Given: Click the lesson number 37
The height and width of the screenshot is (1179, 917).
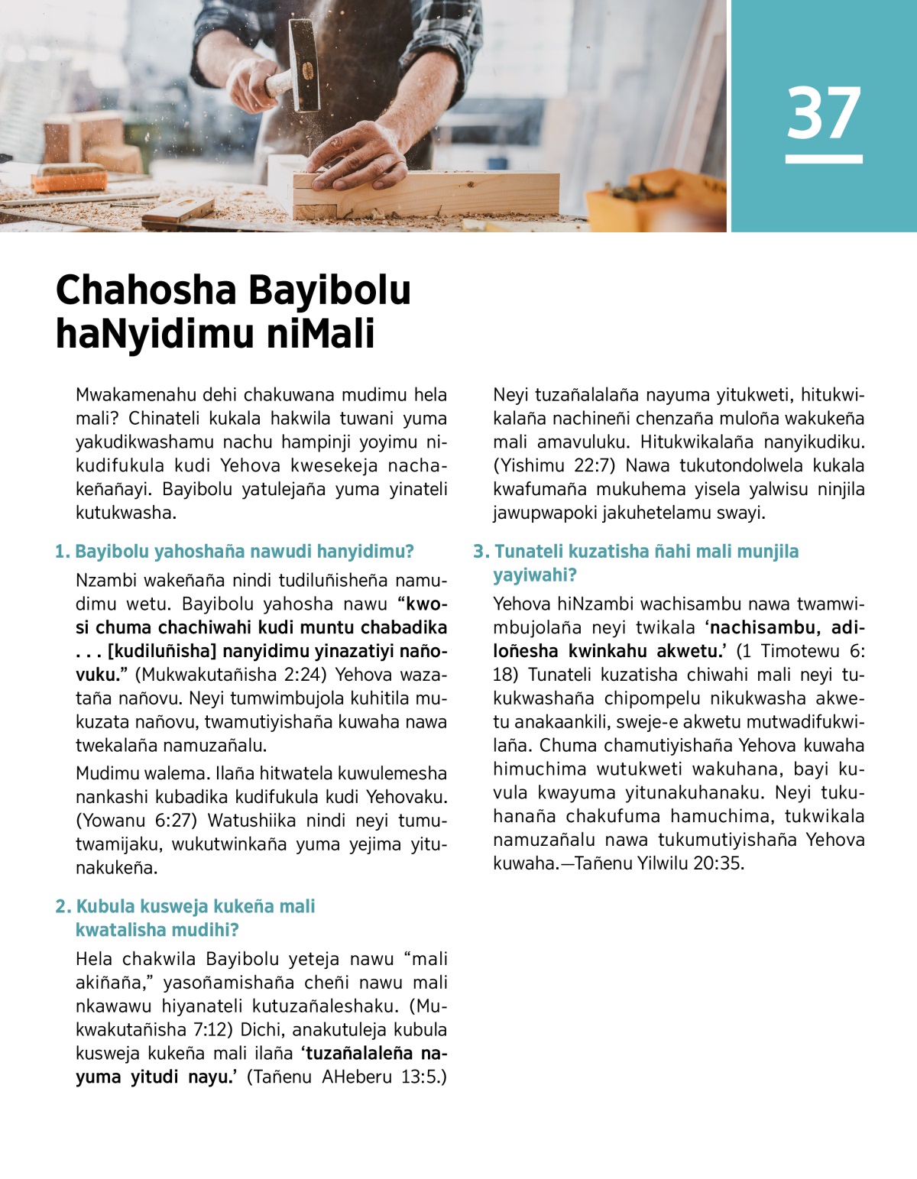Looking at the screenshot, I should [824, 112].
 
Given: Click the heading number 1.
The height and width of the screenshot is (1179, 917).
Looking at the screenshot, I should [62, 552].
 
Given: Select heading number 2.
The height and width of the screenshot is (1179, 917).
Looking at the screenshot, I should [63, 907].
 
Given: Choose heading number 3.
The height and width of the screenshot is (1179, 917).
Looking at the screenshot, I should [481, 552].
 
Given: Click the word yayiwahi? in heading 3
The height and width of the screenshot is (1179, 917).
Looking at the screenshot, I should [534, 575].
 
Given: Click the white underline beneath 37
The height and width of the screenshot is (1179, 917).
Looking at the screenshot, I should [824, 159].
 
